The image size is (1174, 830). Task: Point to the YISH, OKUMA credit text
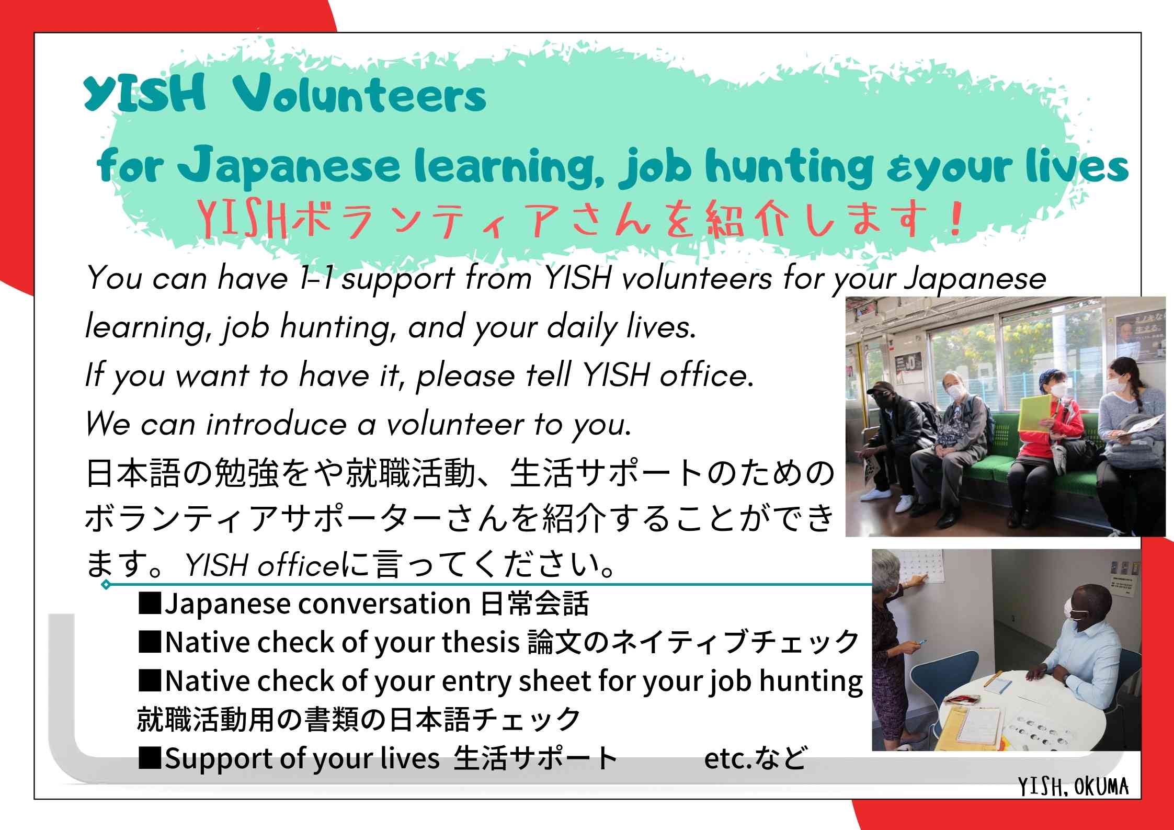click(1073, 787)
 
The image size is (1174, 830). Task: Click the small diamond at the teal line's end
click(106, 584)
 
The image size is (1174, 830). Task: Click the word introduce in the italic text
click(276, 424)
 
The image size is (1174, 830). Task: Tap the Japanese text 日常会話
click(534, 604)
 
